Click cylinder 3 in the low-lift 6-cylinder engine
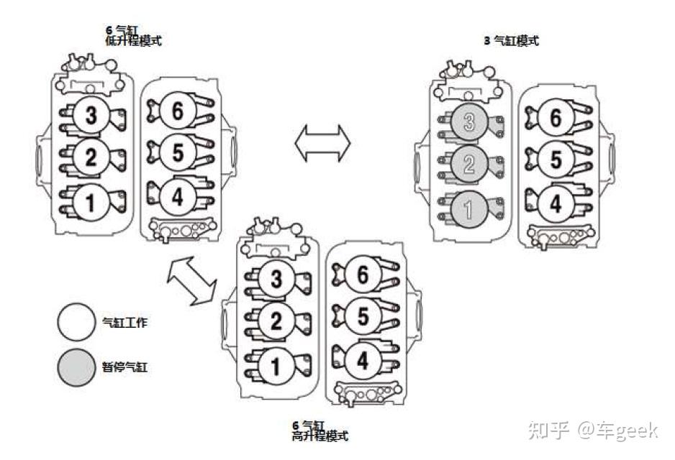[91, 115]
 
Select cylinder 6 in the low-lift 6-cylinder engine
[178, 111]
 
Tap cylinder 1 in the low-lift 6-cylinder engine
[91, 202]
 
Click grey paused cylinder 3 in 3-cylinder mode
[469, 122]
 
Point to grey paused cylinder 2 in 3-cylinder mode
[469, 165]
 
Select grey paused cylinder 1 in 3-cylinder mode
[469, 209]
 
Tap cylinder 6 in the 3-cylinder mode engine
[556, 118]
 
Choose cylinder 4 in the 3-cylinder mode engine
[556, 204]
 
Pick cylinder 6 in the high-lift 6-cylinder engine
[363, 274]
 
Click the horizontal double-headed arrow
[322, 143]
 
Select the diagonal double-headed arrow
[191, 282]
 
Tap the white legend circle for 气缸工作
[76, 323]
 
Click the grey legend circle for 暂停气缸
[76, 367]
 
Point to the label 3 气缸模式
[511, 41]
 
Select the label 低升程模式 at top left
[133, 41]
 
